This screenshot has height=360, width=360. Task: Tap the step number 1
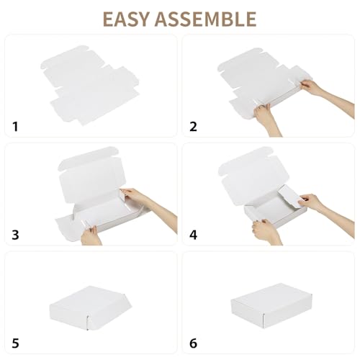point(16,127)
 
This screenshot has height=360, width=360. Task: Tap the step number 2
point(193,127)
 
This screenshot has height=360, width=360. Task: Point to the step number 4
point(194,235)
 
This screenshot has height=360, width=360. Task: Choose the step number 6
point(194,343)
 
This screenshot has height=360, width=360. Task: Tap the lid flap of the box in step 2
point(248,65)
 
